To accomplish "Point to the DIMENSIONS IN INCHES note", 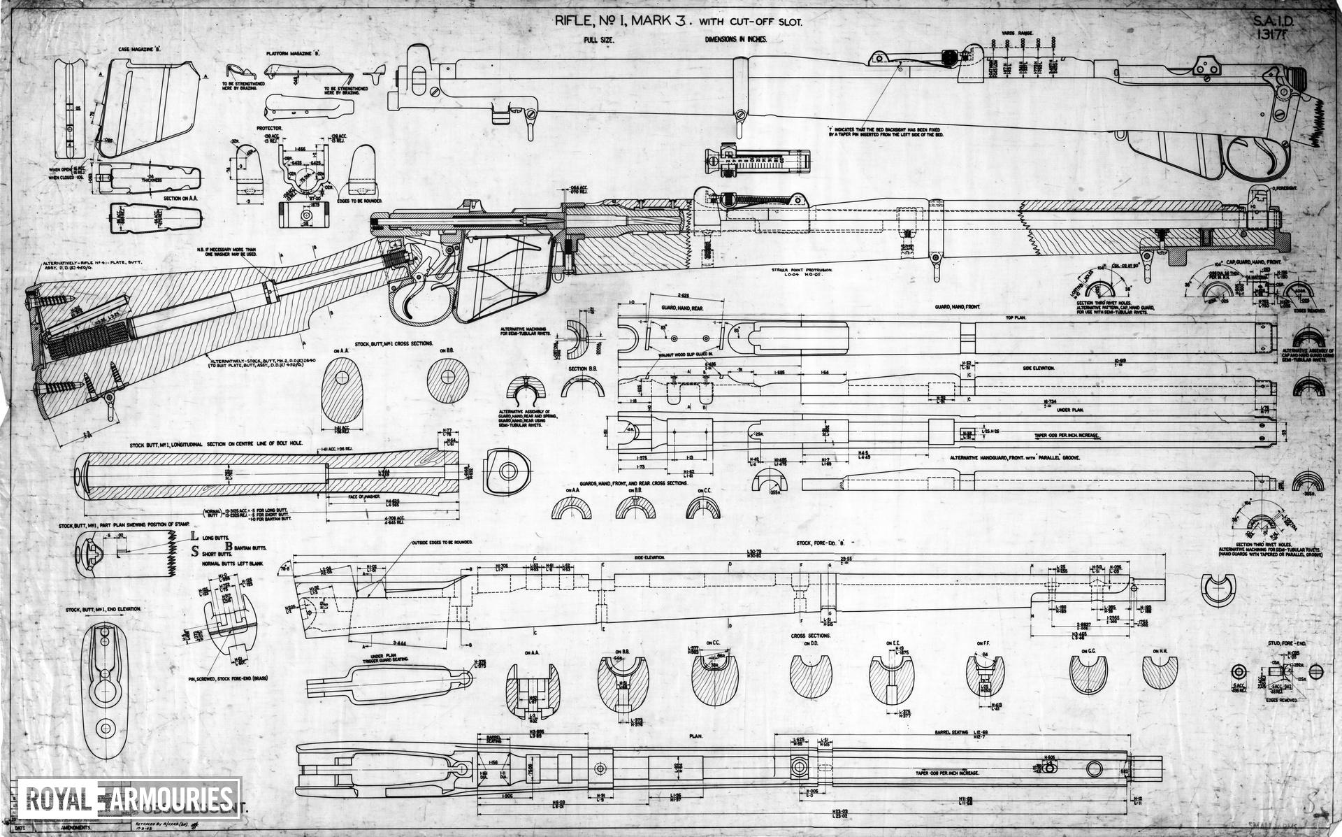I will (736, 40).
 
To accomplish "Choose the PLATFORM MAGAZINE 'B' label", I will (293, 53).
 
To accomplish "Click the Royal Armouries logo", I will (129, 799).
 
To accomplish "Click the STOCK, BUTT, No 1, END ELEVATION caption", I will (104, 610).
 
